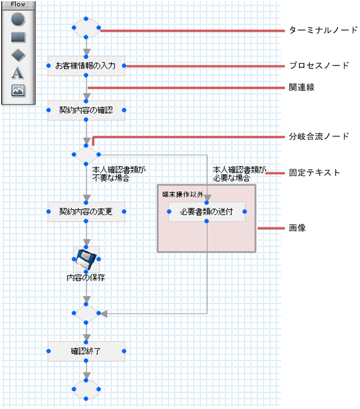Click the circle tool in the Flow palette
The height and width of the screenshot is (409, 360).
coord(18,20)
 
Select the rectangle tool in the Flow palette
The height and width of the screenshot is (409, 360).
coord(18,37)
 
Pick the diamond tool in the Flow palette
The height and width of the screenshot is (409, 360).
coord(18,55)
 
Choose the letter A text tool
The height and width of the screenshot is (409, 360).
coord(18,73)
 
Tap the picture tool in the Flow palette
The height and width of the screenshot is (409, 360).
coord(18,90)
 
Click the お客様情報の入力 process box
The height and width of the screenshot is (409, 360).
coord(86,66)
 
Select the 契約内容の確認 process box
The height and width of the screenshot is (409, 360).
coord(86,111)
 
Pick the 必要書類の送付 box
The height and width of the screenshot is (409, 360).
coord(207,212)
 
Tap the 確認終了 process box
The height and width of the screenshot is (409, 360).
coord(86,352)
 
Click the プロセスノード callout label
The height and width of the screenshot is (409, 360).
coord(319,65)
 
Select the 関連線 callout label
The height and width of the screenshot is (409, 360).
coord(301,87)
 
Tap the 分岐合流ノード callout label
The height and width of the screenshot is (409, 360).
coord(319,136)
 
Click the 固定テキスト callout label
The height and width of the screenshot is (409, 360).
coord(314,173)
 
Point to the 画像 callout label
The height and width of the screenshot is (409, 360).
coord(297,228)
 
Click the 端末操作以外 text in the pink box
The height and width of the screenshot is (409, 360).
coord(182,194)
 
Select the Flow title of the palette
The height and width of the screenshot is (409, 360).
coord(18,4)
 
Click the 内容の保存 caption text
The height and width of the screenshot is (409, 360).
coord(86,277)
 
